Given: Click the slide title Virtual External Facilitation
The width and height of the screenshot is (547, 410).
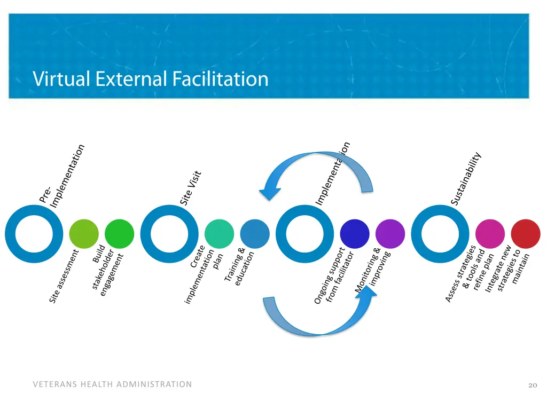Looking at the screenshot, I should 150,79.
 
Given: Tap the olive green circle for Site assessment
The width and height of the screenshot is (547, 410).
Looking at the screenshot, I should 84,234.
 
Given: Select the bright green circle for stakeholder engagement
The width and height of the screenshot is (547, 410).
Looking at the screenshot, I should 119,234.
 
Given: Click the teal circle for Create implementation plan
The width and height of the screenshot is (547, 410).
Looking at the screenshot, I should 220,234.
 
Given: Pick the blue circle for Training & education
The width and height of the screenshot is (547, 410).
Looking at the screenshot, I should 255,234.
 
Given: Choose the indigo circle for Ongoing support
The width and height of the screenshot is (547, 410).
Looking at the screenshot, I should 355,234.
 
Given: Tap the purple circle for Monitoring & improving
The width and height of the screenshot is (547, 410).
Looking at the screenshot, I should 390,234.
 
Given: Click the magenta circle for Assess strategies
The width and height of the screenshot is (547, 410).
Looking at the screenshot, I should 490,234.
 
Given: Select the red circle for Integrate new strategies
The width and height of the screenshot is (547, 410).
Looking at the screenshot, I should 525,234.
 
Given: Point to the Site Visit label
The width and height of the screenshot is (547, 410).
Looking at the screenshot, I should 191,188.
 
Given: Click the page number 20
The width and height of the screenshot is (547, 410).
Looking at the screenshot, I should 532,385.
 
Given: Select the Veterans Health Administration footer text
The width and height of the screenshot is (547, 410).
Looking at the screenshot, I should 112,384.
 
